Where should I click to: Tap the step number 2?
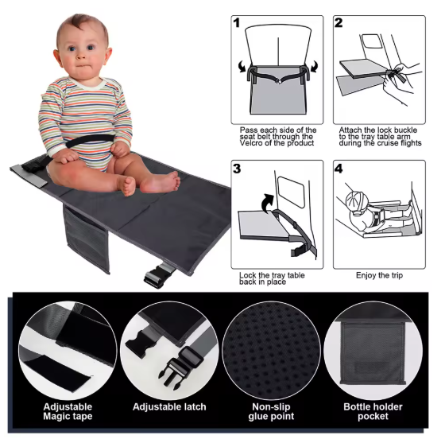[x=339, y=23]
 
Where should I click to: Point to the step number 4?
[x=339, y=169]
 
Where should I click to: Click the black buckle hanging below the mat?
[x=154, y=278]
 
